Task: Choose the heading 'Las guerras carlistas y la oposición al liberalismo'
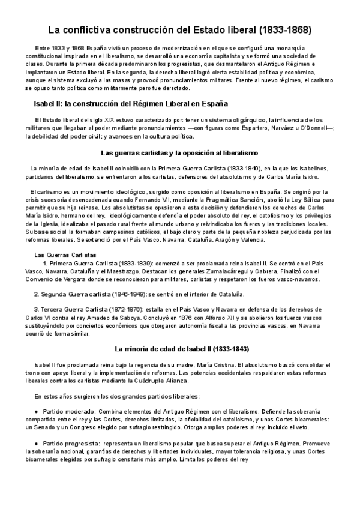180,153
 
